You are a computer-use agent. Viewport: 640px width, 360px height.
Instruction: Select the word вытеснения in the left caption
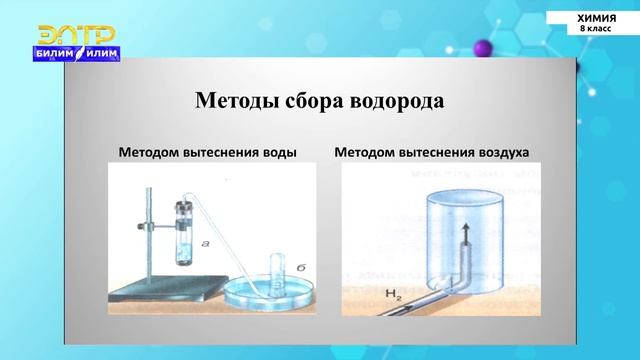217,153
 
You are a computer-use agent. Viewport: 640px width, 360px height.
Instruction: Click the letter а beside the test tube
205,241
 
